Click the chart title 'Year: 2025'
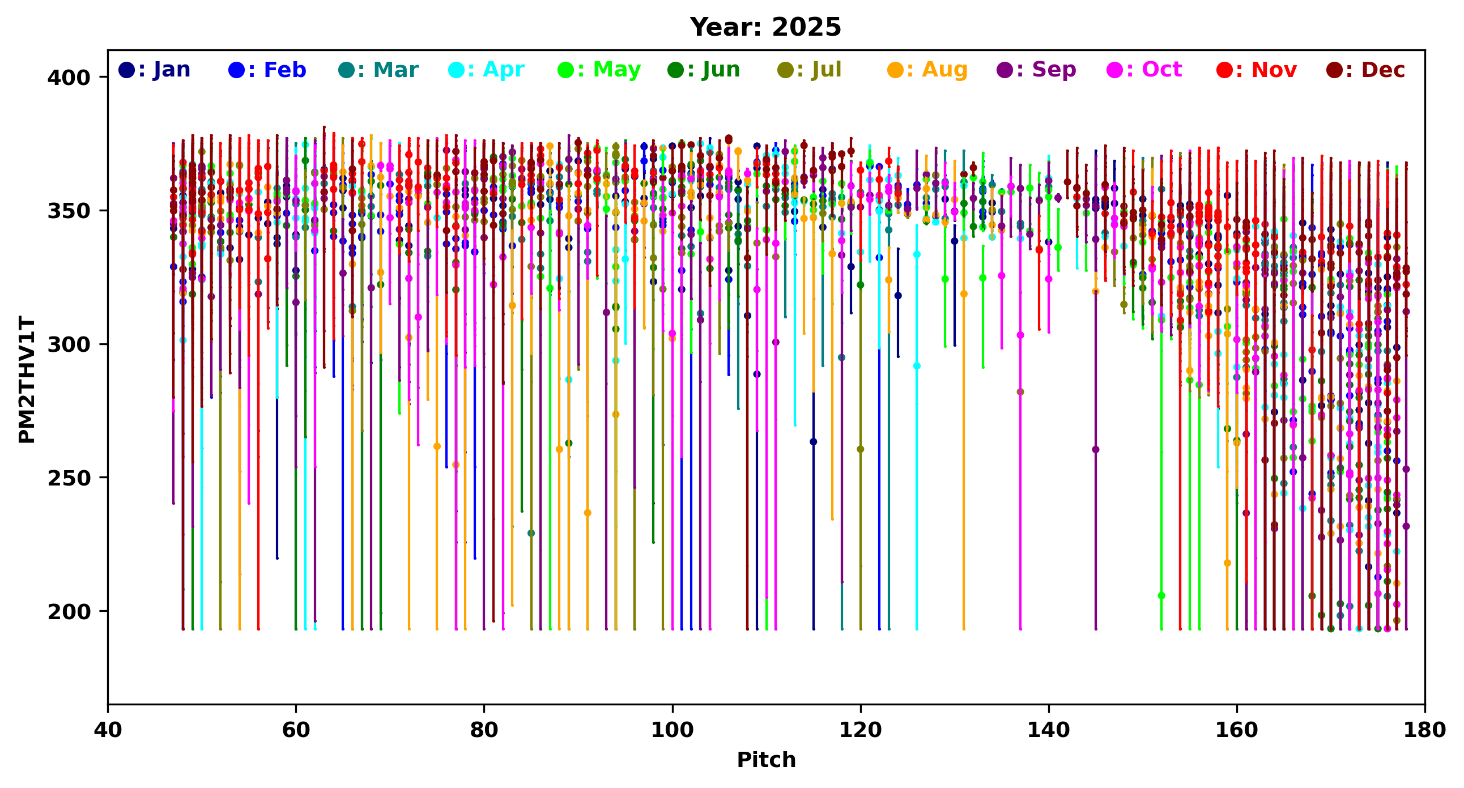(765, 27)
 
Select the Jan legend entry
(155, 70)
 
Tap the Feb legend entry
(267, 70)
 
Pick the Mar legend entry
(378, 70)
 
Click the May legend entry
(599, 70)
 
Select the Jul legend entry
(809, 70)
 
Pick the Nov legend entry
(1257, 70)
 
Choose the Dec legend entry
(1365, 70)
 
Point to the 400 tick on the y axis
(69, 77)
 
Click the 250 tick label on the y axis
(69, 478)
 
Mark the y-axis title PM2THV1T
(27, 380)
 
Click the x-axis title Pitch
(766, 760)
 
